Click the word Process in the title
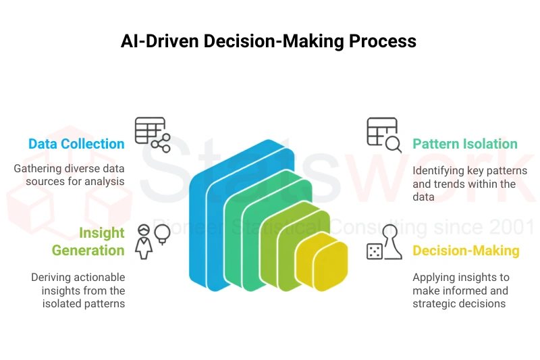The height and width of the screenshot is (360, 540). click(x=383, y=41)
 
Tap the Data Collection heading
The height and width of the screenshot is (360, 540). click(x=76, y=144)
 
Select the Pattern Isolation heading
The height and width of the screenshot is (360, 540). click(x=465, y=144)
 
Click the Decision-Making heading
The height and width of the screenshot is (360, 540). click(x=466, y=251)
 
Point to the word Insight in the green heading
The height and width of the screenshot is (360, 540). click(x=102, y=233)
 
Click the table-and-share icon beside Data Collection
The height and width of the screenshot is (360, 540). click(x=153, y=134)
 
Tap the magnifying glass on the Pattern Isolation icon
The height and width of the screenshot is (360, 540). click(x=394, y=145)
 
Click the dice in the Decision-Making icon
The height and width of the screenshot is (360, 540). click(x=375, y=251)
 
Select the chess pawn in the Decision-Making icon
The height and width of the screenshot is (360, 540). click(x=391, y=242)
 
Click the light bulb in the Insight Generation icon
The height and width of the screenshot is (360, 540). click(x=162, y=234)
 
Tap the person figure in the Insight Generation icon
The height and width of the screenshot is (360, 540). click(x=144, y=242)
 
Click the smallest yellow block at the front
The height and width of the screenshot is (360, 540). click(x=330, y=266)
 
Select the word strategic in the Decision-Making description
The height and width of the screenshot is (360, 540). click(x=433, y=304)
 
